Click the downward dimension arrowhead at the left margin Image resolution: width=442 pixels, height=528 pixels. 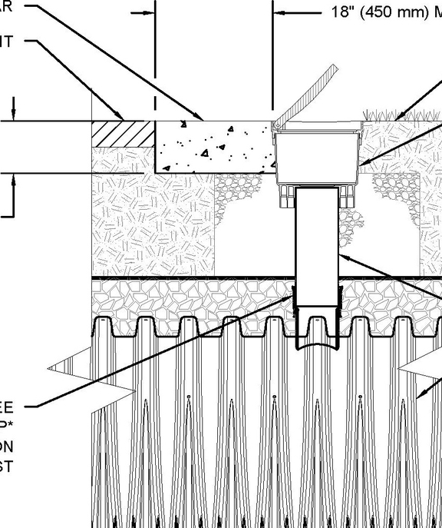pos(13,116)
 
